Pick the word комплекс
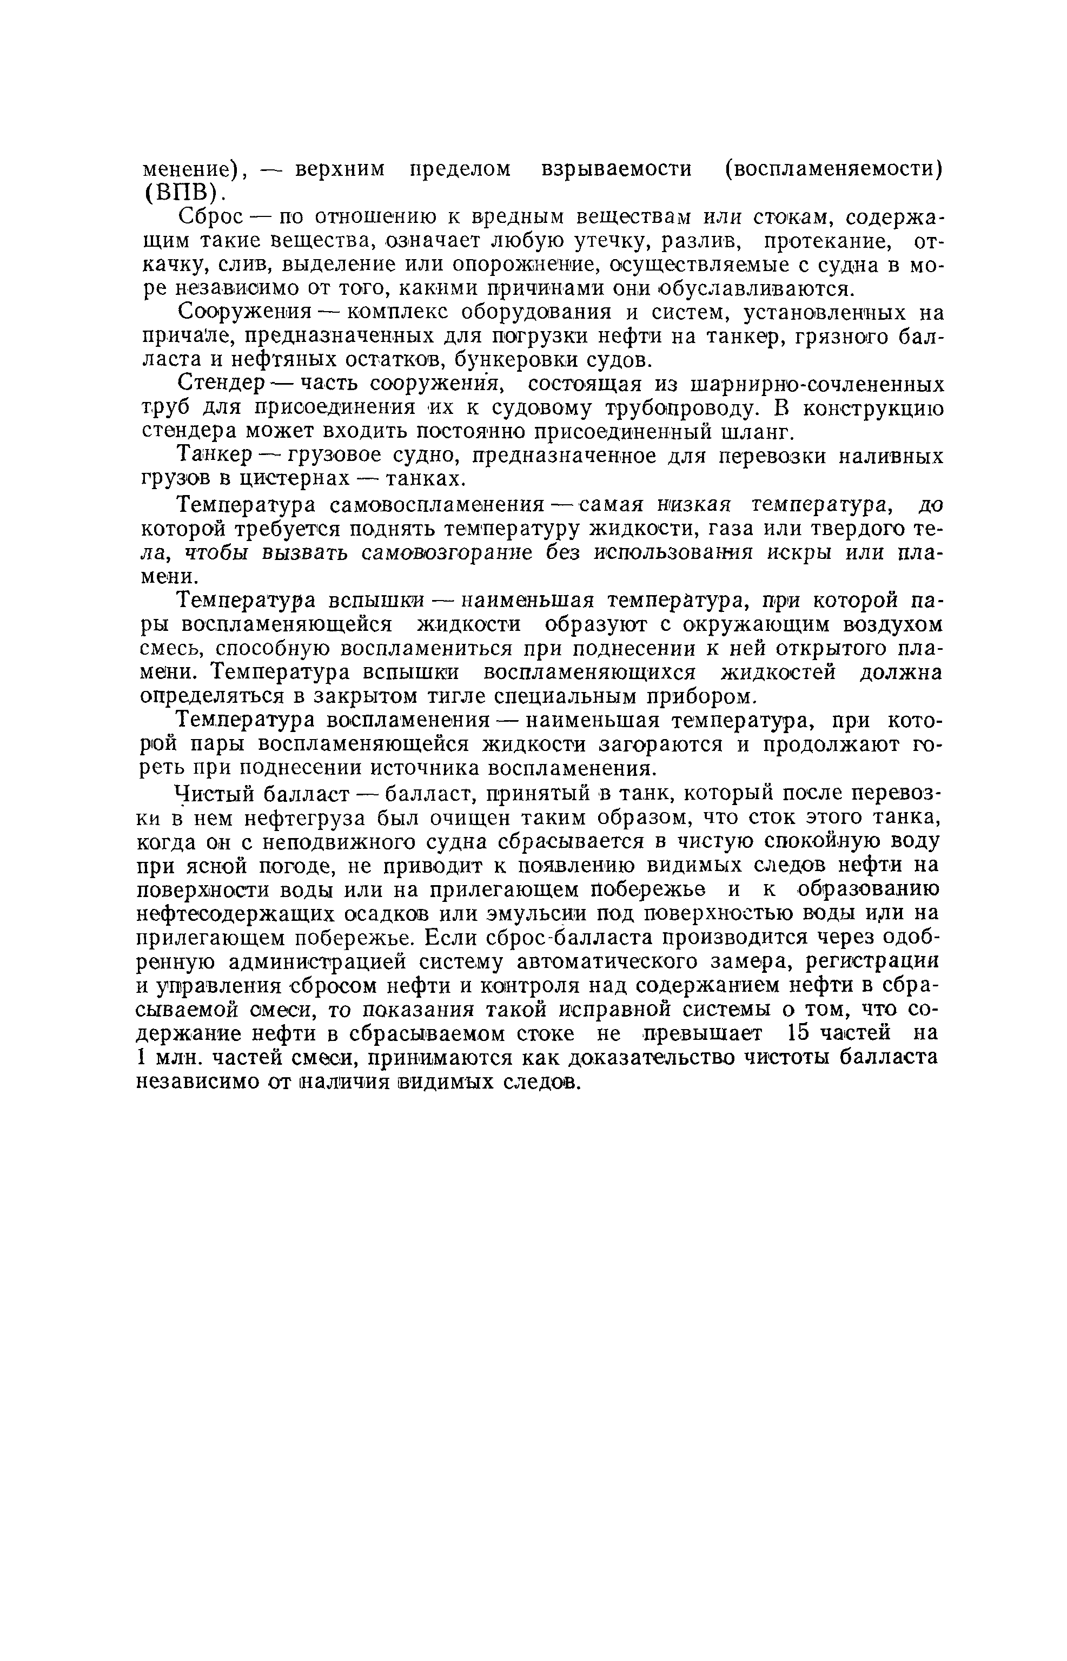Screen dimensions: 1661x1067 click(x=392, y=313)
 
